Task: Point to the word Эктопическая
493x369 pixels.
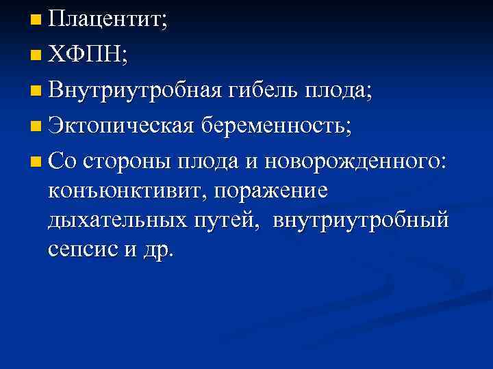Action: [x=125, y=126]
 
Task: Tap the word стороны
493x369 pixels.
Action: [x=129, y=161]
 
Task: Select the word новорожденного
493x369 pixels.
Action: [x=355, y=161]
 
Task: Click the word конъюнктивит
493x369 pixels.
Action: [x=125, y=191]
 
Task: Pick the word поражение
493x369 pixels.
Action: [x=271, y=191]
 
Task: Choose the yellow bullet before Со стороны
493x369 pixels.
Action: [x=36, y=161]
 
